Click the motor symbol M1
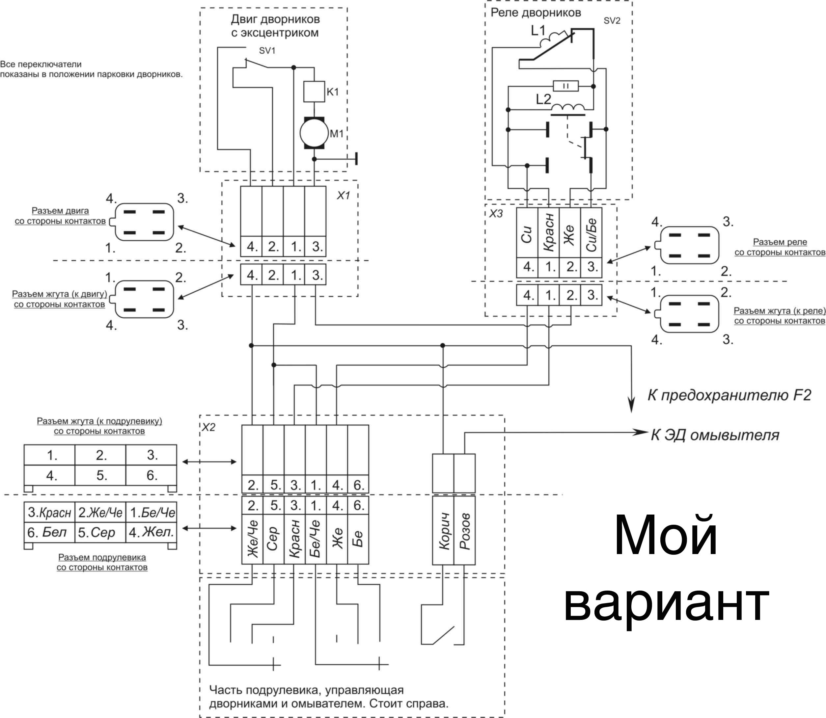(314, 133)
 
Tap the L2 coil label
(543, 99)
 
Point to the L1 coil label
(538, 30)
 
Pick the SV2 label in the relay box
(612, 21)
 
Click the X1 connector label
(343, 195)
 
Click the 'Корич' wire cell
(443, 530)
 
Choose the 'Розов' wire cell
(464, 530)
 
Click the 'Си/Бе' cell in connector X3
(591, 233)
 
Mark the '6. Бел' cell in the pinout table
(50, 532)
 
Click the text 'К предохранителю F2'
(730, 395)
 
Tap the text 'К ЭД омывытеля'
(715, 435)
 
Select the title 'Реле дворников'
(536, 13)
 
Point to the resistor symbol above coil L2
(565, 86)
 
